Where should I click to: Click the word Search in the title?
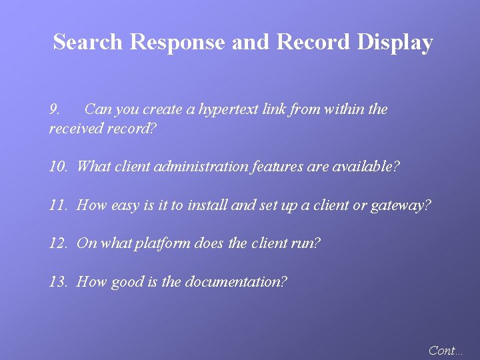(x=88, y=42)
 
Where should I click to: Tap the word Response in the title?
(x=178, y=42)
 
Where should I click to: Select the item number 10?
(x=58, y=166)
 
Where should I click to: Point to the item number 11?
(x=58, y=205)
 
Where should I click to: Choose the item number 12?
(x=58, y=243)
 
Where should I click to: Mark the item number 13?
(x=58, y=281)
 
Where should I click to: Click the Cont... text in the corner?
(x=445, y=350)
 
